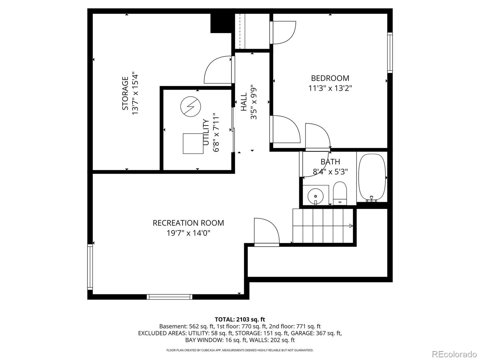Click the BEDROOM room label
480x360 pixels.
coord(330,78)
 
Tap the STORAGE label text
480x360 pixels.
coord(125,93)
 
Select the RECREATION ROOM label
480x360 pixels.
coord(188,223)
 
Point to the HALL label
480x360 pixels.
coord(244,102)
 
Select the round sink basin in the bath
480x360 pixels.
coord(315,196)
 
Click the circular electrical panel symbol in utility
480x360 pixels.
coord(190,107)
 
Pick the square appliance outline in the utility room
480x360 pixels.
coord(193,144)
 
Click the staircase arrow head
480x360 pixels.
coord(351,226)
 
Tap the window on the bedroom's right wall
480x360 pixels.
coord(390,52)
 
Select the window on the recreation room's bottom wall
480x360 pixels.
coord(169,297)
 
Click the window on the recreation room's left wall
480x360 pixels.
coord(90,267)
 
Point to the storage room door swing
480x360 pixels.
coord(218,70)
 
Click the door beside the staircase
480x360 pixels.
coord(266,232)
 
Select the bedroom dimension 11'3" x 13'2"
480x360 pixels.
coord(330,88)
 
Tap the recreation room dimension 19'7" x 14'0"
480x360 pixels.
coord(188,233)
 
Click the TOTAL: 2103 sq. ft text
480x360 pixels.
coord(240,319)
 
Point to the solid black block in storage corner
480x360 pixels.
coord(221,23)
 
